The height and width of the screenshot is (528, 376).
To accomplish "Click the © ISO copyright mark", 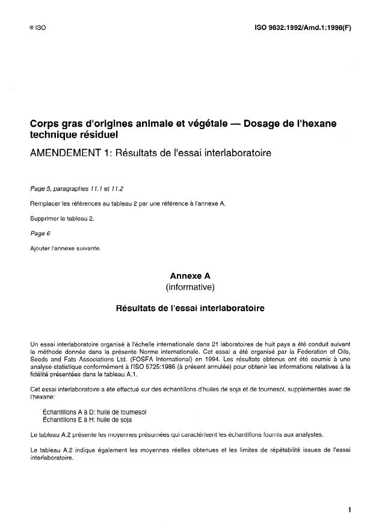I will coord(37,28).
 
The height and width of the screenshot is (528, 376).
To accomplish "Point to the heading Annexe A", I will coord(190,276).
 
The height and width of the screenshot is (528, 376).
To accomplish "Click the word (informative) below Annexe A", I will coord(190,287).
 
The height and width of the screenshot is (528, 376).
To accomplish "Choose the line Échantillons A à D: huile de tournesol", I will coord(94,412).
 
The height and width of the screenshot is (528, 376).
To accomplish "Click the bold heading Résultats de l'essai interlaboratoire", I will coord(190,309).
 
